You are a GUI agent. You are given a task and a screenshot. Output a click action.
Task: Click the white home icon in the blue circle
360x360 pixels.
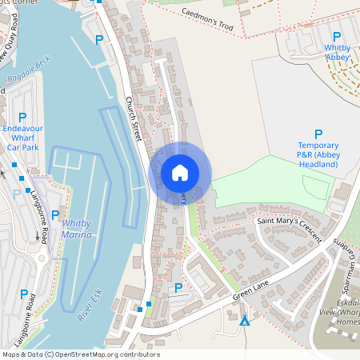pyautogui.click(x=180, y=173)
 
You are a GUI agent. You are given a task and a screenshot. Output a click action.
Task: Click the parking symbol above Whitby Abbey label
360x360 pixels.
pyautogui.click(x=337, y=37)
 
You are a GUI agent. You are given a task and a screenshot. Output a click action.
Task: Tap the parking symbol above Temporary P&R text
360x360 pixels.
pyautogui.click(x=318, y=134)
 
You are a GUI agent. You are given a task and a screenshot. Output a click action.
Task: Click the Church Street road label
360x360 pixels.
pyautogui.click(x=134, y=120)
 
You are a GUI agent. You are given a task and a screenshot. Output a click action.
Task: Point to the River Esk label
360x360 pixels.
pyautogui.click(x=90, y=306)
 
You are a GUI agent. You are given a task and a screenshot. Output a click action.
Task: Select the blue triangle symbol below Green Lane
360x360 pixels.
pyautogui.click(x=244, y=322)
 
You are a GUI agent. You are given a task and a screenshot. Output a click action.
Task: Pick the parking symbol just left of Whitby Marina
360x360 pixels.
pyautogui.click(x=55, y=214)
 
